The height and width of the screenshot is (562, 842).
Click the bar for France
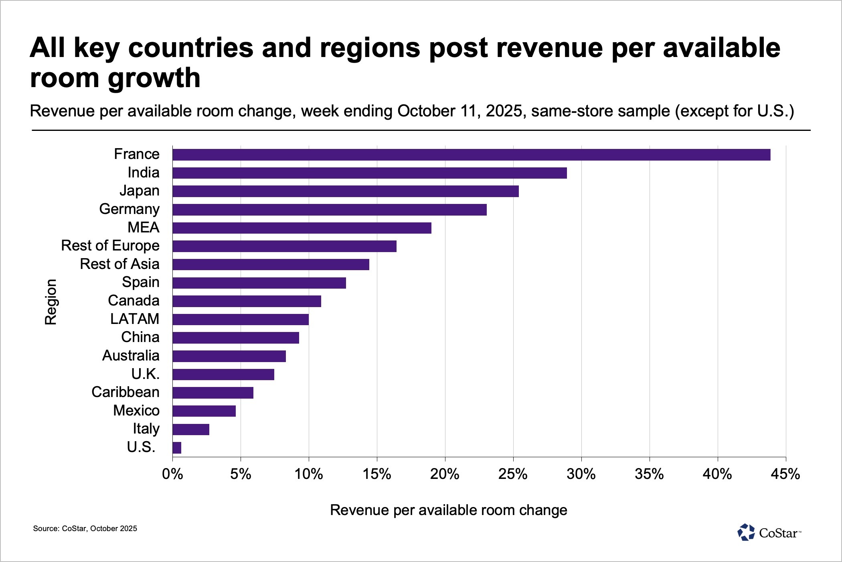coord(471,155)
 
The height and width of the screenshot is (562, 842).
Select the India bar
coord(369,173)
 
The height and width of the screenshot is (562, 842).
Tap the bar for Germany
coord(329,210)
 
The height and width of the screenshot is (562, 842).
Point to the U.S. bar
coord(177,448)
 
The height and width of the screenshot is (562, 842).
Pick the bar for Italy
coord(191,430)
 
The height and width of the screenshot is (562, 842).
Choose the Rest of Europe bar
coord(284,246)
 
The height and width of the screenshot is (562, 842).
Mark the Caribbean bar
coord(213,393)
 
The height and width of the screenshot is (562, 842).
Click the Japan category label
coord(139,191)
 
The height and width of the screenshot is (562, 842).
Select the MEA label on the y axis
coord(143,228)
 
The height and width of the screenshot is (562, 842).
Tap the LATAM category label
coord(135,319)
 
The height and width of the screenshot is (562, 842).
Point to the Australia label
coord(131,356)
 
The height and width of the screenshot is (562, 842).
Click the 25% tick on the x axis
coord(513,474)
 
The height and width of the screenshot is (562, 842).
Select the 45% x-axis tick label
coord(785,474)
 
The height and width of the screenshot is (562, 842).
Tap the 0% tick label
coord(172,474)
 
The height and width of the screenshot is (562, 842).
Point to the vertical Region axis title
coord(51,301)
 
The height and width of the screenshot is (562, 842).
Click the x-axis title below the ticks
coord(448,510)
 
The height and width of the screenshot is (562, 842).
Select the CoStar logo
coord(769,533)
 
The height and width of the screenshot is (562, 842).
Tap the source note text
coord(85,529)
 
